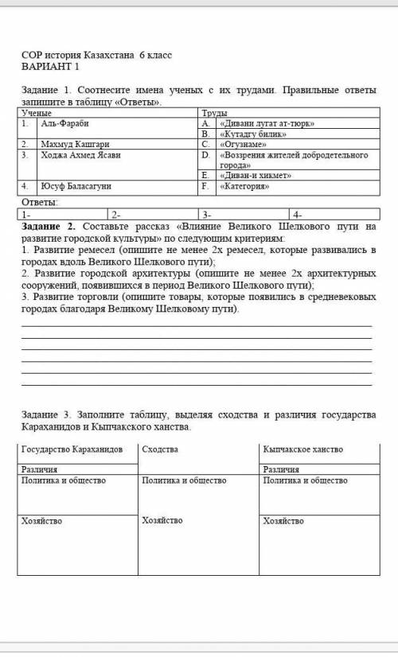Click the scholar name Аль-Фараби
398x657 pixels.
coord(64,124)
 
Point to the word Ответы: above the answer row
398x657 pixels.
coord(39,204)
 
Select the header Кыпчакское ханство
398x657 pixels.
coord(302,450)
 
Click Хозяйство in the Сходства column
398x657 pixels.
coord(162,520)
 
